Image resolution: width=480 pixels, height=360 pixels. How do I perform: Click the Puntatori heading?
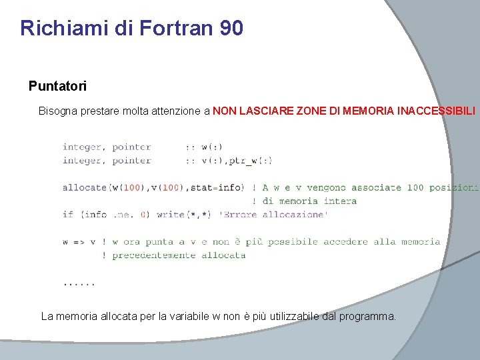57,86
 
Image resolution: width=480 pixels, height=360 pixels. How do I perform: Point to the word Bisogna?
58,111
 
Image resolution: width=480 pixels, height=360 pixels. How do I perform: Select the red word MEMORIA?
366,111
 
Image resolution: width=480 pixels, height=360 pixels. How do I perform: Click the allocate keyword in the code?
85,187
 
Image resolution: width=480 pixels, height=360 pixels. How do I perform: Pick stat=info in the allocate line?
217,187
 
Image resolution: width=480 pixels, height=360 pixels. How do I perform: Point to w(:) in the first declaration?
212,147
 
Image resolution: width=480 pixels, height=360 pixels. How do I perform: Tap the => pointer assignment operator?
79,241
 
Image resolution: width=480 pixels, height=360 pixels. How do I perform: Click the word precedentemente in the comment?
153,255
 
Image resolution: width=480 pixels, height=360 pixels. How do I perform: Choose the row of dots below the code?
79,283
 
